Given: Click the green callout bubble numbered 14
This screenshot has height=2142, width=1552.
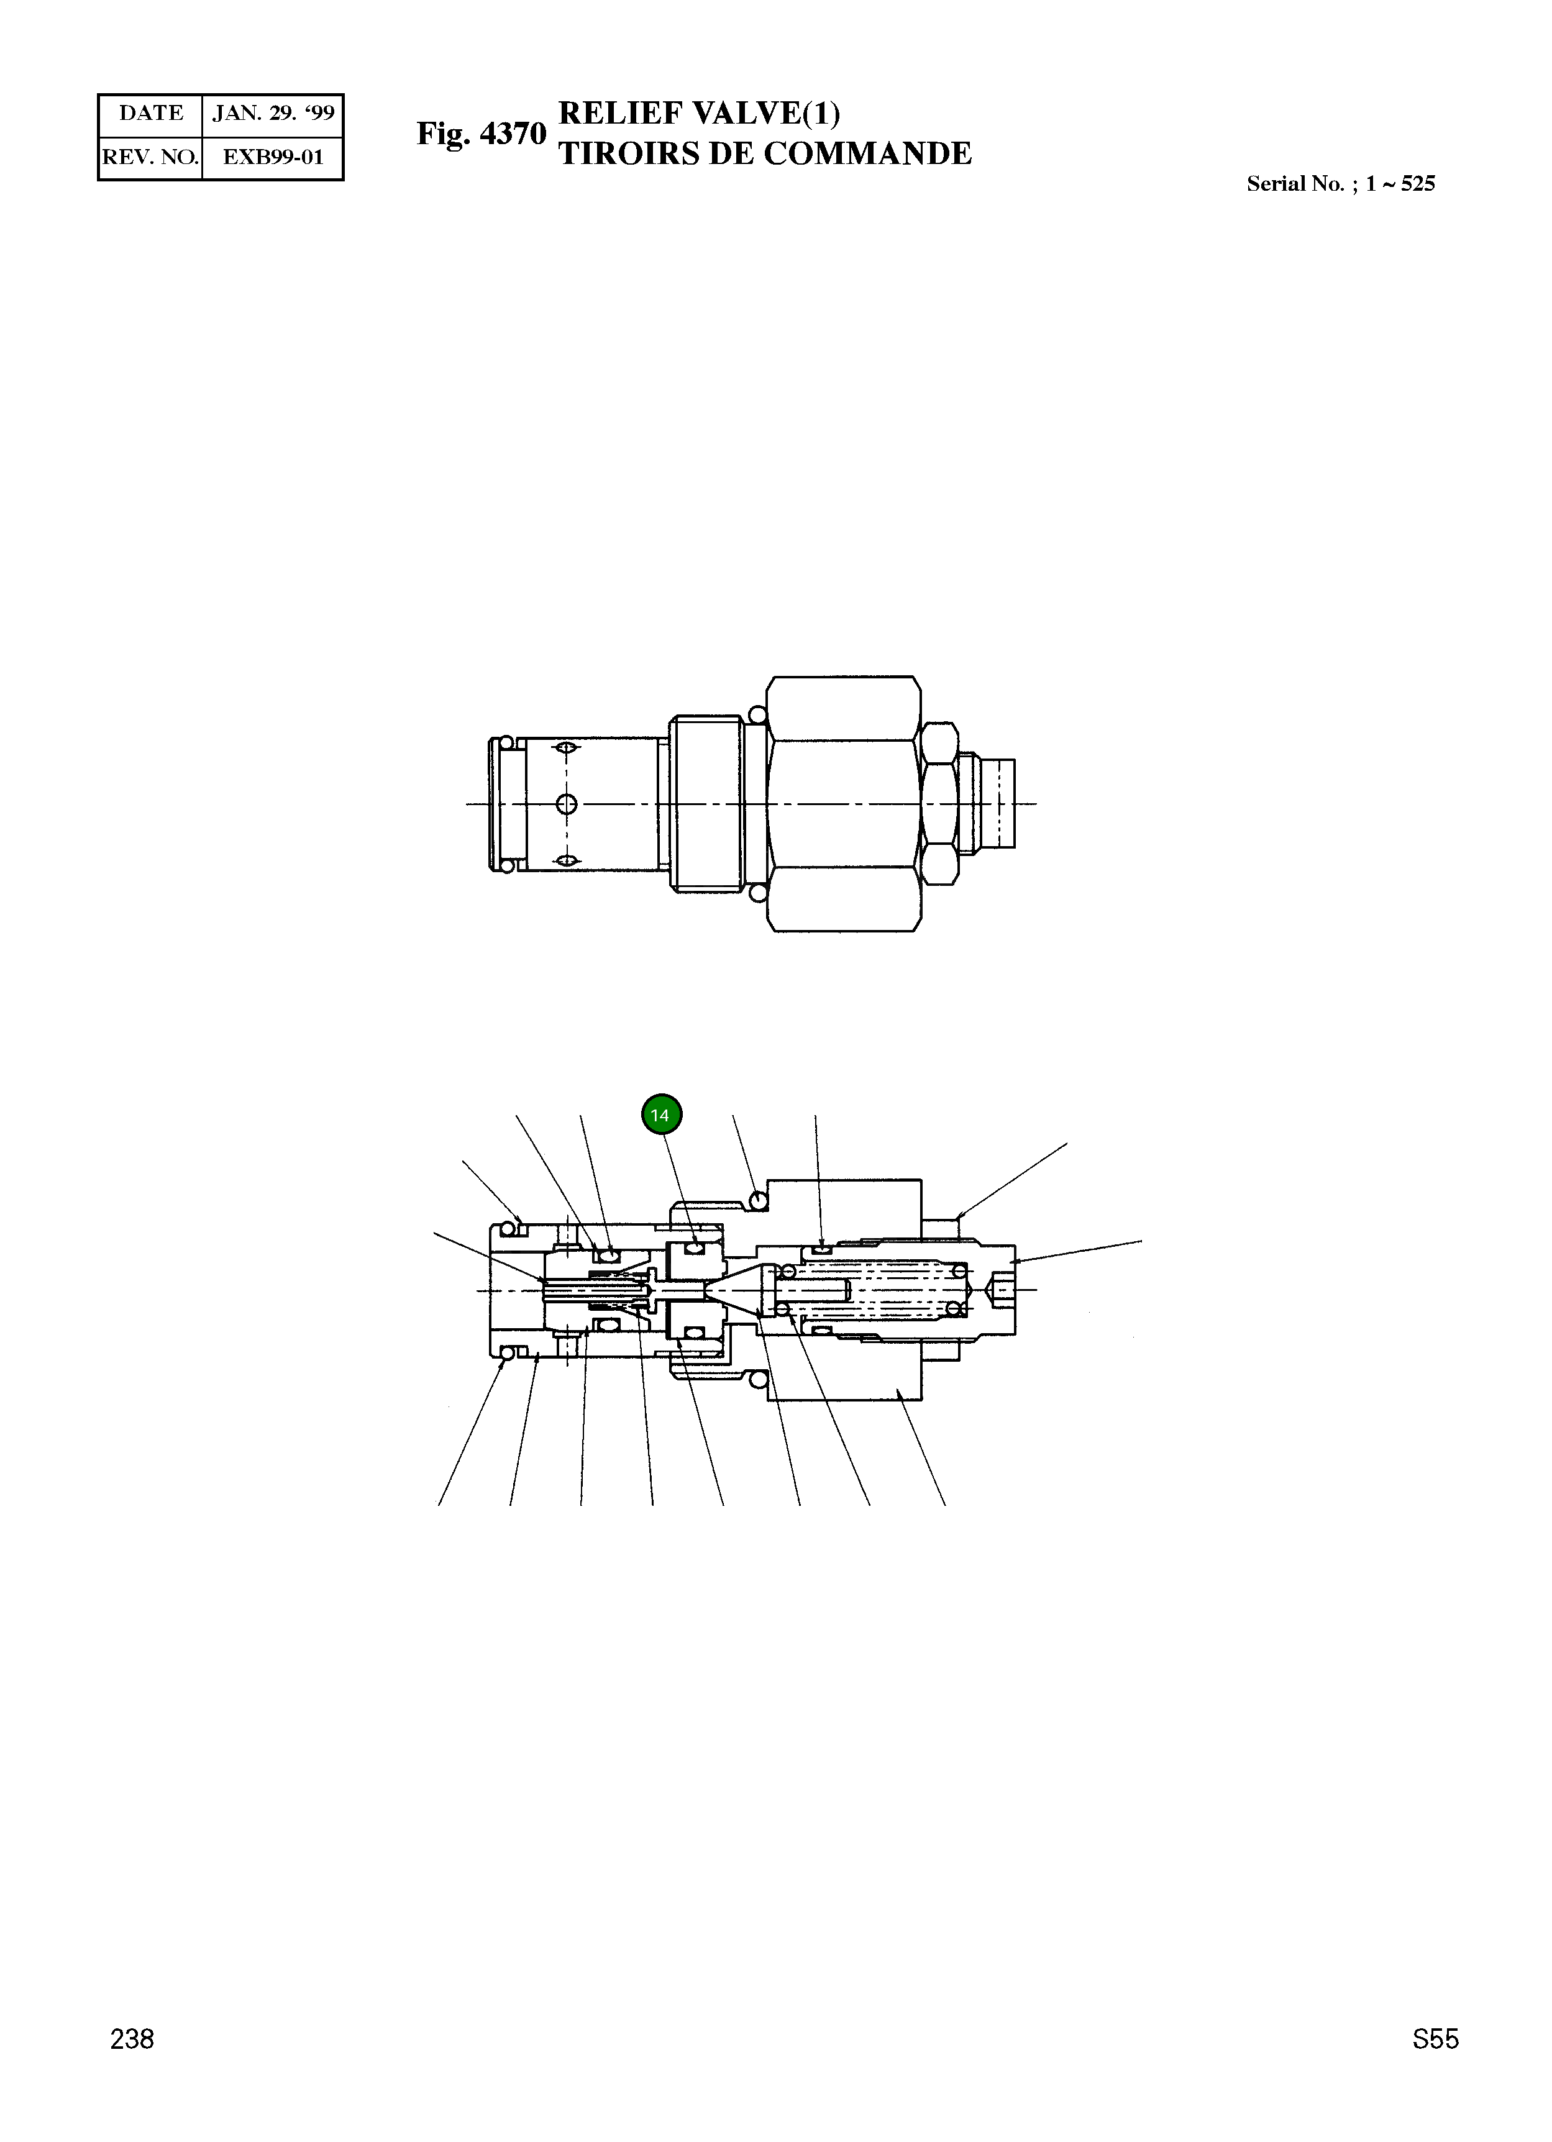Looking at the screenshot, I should point(660,1115).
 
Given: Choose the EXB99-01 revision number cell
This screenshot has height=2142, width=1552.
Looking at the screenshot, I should point(273,158).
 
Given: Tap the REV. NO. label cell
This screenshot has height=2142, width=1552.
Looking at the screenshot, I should point(151,158).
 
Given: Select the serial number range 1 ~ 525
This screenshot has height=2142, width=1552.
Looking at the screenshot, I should point(1400,184).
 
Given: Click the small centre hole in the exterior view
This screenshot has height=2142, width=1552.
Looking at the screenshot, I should point(566,804).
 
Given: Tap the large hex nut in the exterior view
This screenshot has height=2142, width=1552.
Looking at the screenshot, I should point(842,804).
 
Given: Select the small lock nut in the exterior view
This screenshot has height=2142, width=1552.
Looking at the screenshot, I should point(939,804).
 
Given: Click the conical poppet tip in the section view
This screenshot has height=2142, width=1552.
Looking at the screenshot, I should point(732,1289).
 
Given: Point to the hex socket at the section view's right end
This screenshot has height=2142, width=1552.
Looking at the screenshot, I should point(1002,1289).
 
